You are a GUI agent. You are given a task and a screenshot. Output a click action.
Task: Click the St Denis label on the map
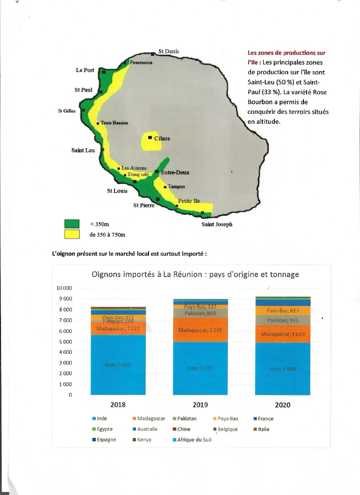(168, 51)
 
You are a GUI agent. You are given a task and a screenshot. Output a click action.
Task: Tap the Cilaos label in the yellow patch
(162, 139)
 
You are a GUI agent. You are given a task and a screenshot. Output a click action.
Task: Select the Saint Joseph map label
(216, 224)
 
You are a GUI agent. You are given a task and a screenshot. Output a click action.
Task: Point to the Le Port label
(85, 70)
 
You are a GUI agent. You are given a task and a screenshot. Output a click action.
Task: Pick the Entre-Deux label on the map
(175, 172)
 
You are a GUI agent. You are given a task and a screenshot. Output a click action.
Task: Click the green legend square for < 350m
(72, 224)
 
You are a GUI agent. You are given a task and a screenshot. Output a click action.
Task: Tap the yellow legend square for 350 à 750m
(72, 234)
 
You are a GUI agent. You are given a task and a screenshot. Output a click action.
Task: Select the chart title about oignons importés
(195, 274)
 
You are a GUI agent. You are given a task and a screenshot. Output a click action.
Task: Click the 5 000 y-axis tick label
(64, 342)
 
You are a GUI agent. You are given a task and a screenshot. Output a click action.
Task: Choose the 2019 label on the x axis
(201, 405)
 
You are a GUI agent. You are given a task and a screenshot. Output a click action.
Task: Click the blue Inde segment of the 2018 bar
(118, 365)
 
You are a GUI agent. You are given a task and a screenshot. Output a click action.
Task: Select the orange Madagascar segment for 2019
(201, 330)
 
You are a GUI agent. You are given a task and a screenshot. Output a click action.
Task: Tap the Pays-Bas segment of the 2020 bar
(282, 311)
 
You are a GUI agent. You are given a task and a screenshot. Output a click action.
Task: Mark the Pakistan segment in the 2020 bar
(282, 321)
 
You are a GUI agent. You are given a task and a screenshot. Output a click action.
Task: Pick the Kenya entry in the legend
(145, 440)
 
